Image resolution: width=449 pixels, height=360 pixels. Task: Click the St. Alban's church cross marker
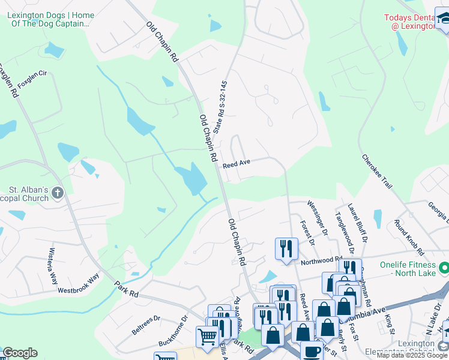[x=58, y=193]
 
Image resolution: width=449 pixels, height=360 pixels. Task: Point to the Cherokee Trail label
[x=376, y=172]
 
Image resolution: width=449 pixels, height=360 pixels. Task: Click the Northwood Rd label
[x=321, y=260]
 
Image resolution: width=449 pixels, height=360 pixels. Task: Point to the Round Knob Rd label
[x=409, y=236]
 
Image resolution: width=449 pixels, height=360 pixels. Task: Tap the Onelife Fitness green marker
[x=444, y=266]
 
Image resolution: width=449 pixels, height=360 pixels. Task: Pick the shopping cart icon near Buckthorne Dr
[x=207, y=337]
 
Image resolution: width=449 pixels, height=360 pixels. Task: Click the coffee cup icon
[x=311, y=352]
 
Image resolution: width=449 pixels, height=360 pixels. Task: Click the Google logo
[x=20, y=353]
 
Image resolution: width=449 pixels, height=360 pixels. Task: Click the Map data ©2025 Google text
[x=412, y=355]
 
